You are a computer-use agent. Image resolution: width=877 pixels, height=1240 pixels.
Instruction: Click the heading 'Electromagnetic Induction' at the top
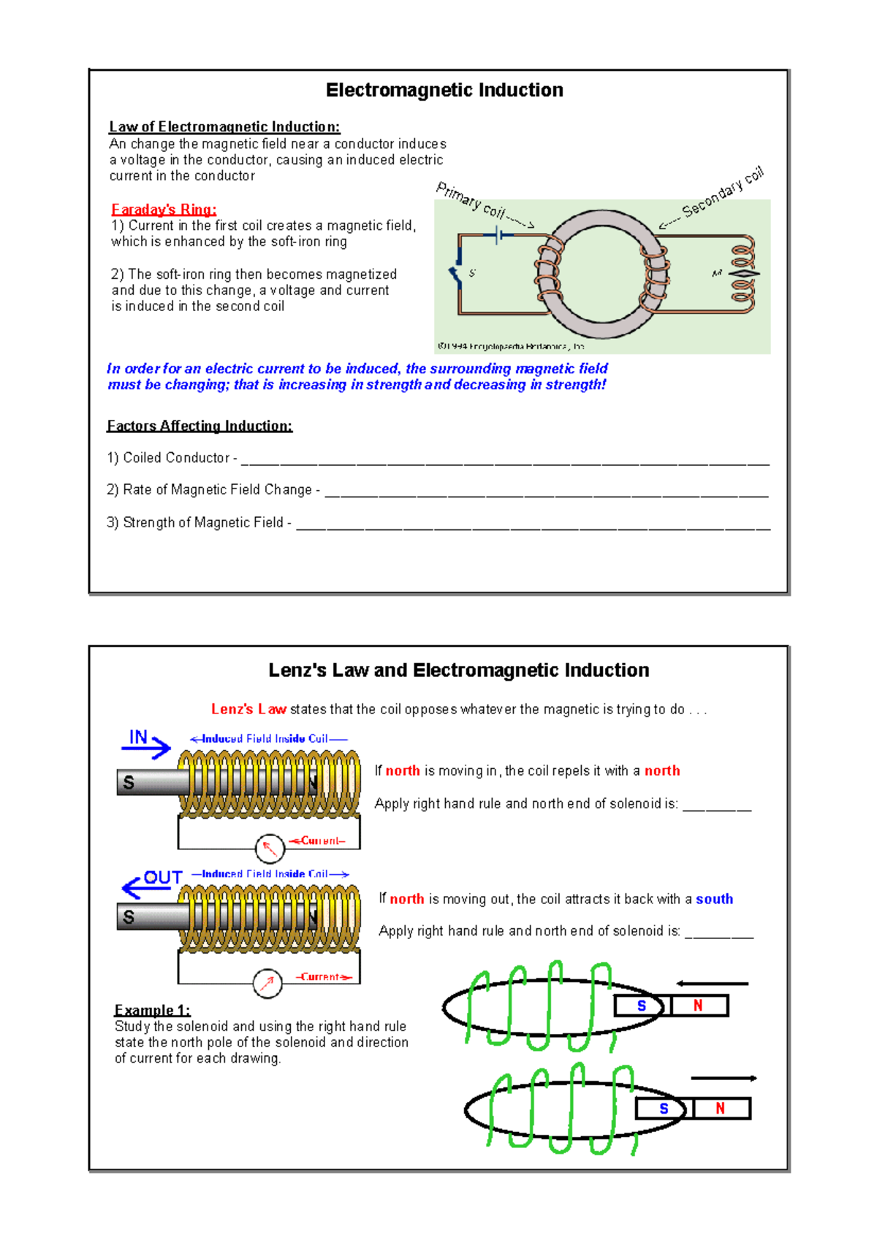(x=444, y=90)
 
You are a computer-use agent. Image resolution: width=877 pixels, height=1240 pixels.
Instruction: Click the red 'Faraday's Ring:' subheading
(x=164, y=210)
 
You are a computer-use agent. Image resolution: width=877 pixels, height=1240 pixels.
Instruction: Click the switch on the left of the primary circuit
(x=456, y=269)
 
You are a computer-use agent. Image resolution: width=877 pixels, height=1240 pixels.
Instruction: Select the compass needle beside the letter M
(x=743, y=274)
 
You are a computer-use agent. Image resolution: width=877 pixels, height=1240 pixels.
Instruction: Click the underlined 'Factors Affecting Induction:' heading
(x=200, y=426)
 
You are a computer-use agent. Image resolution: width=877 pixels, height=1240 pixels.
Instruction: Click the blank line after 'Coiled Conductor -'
(x=504, y=460)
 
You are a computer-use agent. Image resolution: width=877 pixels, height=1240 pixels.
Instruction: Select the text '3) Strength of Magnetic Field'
(x=195, y=522)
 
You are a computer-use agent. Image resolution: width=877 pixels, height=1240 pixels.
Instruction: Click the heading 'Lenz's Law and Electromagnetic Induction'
(x=458, y=670)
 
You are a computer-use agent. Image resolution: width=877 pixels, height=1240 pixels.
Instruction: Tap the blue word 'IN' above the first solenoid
(x=138, y=737)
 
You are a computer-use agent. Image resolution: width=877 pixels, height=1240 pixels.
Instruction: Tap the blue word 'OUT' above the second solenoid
(x=162, y=877)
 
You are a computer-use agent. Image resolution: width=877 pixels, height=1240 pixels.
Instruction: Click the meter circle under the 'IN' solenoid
(x=270, y=849)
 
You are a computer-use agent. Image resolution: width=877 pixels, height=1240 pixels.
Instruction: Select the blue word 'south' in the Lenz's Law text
(x=714, y=899)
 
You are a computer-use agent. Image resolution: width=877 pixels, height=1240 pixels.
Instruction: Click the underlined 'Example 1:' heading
(x=152, y=1010)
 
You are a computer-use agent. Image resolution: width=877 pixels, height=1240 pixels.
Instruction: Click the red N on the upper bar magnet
(x=698, y=1006)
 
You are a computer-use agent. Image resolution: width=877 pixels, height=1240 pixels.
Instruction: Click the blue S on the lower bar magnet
(x=664, y=1109)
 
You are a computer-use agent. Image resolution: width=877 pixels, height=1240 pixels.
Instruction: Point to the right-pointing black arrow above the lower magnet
(x=723, y=1078)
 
